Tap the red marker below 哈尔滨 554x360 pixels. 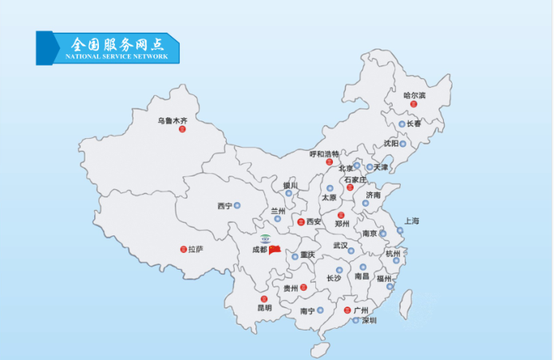pos(414,105)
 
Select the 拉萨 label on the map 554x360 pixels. pos(196,249)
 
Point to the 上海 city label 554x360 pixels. pos(412,220)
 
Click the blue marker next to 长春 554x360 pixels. pos(402,125)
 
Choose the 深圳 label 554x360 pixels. pos(368,320)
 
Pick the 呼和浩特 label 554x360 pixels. pos(325,153)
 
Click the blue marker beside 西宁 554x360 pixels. pos(236,206)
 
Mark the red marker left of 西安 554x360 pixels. pos(300,222)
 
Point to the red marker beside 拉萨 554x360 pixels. pos(183,249)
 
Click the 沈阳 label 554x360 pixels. pos(390,144)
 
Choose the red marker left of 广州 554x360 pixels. pos(346,310)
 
